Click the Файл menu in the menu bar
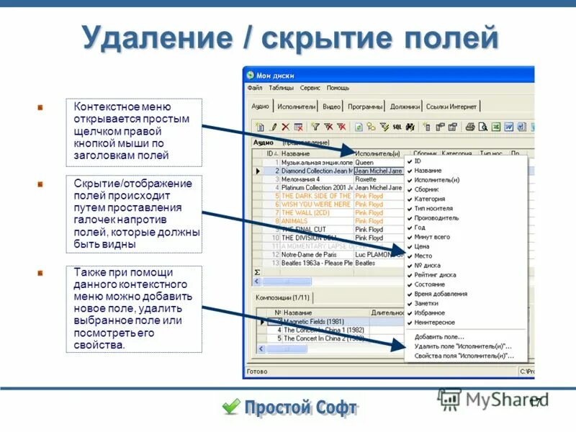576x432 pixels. point(254,88)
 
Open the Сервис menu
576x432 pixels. point(310,88)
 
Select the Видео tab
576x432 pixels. point(331,107)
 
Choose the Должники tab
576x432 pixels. point(405,107)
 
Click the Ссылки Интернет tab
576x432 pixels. point(451,107)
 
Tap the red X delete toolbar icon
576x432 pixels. point(286,127)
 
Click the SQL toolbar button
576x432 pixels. point(397,127)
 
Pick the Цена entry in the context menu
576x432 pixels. point(422,246)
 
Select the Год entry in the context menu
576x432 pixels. point(420,227)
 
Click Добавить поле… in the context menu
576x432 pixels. point(439,336)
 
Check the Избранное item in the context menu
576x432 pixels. point(429,313)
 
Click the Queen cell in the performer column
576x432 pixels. point(364,163)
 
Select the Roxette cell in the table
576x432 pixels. point(366,179)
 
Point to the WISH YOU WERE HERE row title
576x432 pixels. point(315,204)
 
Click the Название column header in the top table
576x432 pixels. point(296,154)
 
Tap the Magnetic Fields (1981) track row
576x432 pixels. point(314,321)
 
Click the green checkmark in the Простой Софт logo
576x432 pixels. point(231,407)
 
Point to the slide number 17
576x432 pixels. point(535,402)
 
